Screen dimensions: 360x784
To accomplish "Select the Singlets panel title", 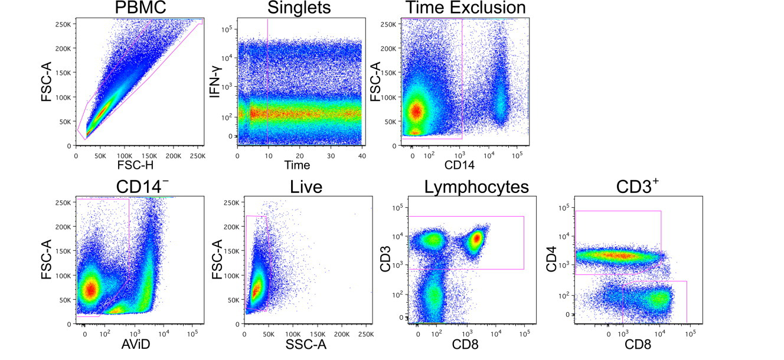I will (299, 8).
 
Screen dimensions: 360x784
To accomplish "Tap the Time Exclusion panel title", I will (465, 8).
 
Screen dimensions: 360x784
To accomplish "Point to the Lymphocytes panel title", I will (476, 188).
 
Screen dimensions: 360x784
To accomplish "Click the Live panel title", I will (306, 188).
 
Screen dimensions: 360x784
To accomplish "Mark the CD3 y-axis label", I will (384, 260).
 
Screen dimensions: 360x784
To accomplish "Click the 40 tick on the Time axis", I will (361, 155).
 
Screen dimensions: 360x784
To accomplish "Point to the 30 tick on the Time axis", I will (330, 155).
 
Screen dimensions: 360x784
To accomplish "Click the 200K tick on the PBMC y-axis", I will (63, 48).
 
